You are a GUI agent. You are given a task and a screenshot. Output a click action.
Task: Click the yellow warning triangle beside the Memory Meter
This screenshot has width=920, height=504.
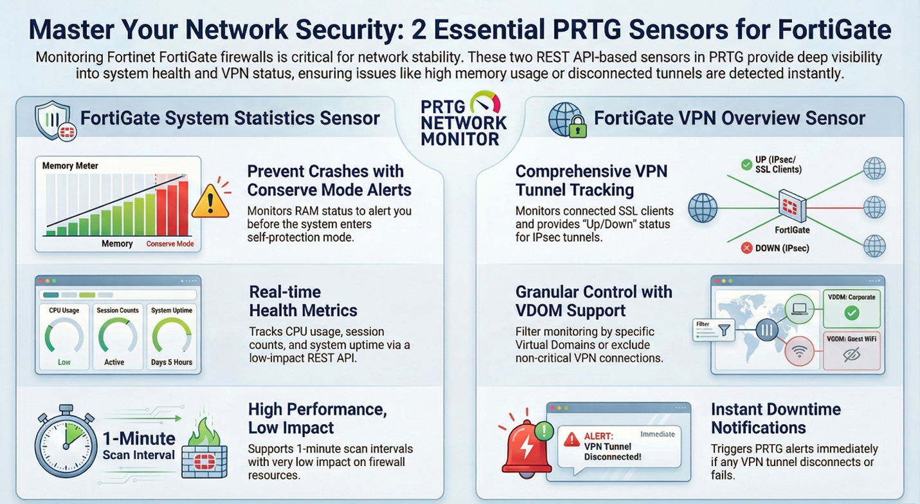pos(210,201)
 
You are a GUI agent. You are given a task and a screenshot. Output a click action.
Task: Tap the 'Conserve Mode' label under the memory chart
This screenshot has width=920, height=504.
pos(170,244)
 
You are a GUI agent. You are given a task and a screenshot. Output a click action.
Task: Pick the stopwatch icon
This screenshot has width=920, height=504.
pos(64,444)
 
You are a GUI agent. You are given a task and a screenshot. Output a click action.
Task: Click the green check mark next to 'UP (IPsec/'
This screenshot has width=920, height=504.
pos(746,165)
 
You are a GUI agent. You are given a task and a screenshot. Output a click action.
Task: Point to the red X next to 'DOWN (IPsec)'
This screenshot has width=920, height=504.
pos(746,248)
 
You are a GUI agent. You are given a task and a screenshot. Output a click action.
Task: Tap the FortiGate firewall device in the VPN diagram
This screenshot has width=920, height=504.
pos(791,207)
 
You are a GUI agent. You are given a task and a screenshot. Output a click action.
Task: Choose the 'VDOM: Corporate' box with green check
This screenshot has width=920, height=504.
pos(851,308)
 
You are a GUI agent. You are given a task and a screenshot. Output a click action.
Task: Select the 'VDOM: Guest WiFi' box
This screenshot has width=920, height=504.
pos(851,351)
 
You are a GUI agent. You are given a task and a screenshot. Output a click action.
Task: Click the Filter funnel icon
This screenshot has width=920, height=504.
pos(724,330)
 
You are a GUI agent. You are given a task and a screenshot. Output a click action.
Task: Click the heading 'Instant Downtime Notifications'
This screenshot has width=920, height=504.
pos(775,418)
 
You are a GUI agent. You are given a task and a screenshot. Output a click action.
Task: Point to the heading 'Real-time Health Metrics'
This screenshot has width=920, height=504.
pos(302,301)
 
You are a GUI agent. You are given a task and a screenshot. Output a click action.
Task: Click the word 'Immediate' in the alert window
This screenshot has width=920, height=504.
pos(658,434)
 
